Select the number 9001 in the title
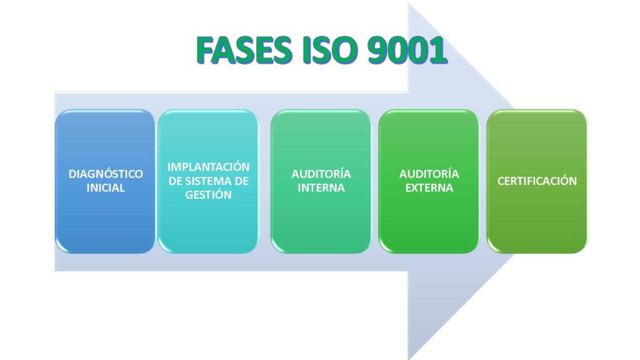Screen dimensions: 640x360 [407, 50]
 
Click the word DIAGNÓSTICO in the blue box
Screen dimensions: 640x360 [106, 174]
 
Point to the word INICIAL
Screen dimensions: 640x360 [106, 187]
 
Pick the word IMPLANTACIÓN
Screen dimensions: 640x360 [208, 167]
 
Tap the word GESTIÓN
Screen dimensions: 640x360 [208, 195]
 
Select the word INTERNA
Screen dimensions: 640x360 [321, 187]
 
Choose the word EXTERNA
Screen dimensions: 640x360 [429, 187]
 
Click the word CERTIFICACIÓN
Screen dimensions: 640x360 [537, 181]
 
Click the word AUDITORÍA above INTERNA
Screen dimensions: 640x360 [321, 174]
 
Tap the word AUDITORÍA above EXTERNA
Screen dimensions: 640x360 [429, 174]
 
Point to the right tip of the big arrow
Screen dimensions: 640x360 [587, 181]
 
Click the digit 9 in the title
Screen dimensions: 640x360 [377, 50]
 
